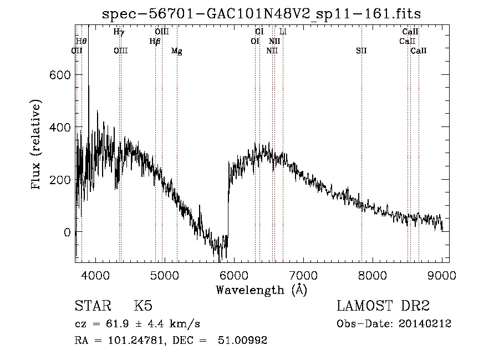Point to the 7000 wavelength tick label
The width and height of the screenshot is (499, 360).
pos(303,275)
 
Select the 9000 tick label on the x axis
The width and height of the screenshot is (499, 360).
pos(442,275)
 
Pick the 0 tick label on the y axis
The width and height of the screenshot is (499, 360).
pos(67,232)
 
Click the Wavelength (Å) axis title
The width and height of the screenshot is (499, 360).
pos(261,290)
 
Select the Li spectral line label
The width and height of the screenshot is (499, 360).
pos(283,32)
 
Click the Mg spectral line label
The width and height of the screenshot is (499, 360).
pos(177,51)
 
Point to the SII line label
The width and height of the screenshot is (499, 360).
pos(361,51)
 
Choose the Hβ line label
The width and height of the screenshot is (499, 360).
pos(155,41)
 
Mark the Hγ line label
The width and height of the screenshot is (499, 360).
pos(119,32)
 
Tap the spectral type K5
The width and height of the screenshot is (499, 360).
pos(143,306)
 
